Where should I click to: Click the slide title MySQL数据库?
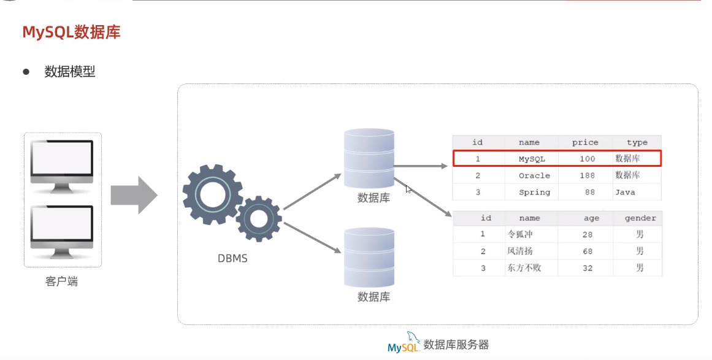[x=71, y=32]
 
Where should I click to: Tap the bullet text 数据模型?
[x=70, y=72]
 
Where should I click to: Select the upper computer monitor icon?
[x=62, y=163]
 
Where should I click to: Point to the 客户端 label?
[x=62, y=281]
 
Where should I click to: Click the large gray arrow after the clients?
[x=134, y=195]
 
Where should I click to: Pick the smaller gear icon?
[x=258, y=218]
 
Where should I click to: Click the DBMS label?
[x=232, y=258]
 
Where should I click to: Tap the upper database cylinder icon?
[x=369, y=158]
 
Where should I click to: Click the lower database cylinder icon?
[x=369, y=257]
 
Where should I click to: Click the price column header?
[x=584, y=142]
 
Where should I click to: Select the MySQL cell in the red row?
[x=531, y=159]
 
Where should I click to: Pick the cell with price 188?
[x=588, y=175]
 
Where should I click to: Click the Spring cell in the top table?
[x=534, y=192]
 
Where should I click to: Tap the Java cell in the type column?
[x=625, y=192]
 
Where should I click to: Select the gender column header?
[x=640, y=218]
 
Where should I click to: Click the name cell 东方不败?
[x=524, y=268]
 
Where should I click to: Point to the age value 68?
[x=588, y=251]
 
